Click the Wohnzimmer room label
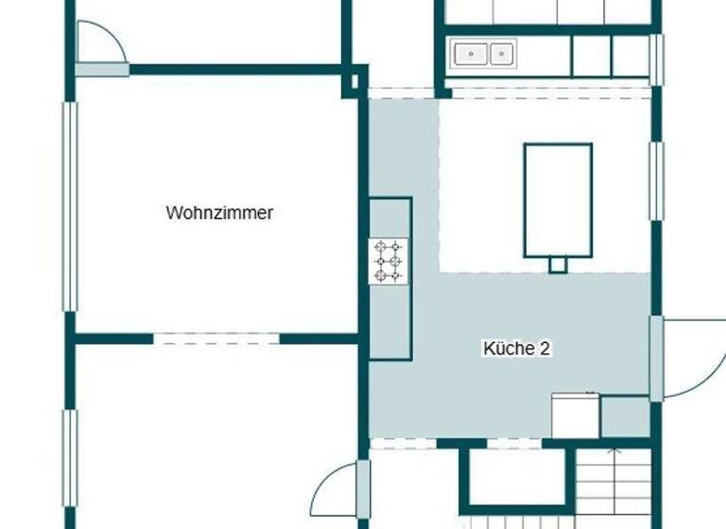pyautogui.click(x=219, y=213)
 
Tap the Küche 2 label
pyautogui.click(x=516, y=349)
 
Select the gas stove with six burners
pyautogui.click(x=389, y=261)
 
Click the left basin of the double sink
pyautogui.click(x=469, y=54)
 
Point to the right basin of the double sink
pyautogui.click(x=501, y=54)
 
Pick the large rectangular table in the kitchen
pyautogui.click(x=558, y=199)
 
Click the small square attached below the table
pyautogui.click(x=558, y=264)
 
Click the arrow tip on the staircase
pyautogui.click(x=614, y=451)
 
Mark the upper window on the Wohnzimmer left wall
pyautogui.click(x=69, y=206)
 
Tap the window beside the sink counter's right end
pyautogui.click(x=656, y=59)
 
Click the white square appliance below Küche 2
pyautogui.click(x=575, y=416)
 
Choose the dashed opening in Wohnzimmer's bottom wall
pyautogui.click(x=216, y=338)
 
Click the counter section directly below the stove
pyautogui.click(x=389, y=322)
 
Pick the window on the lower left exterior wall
pyautogui.click(x=69, y=458)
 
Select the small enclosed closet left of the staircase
pyautogui.click(x=515, y=477)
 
